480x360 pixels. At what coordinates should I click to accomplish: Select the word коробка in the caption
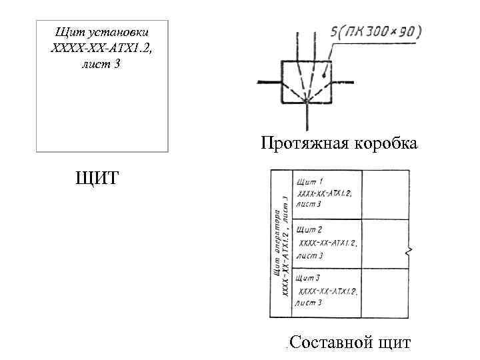point(387,143)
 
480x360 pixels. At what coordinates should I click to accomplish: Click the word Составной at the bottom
point(330,343)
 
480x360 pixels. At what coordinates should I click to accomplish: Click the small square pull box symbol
point(306,82)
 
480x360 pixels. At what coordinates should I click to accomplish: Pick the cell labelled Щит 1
point(327,193)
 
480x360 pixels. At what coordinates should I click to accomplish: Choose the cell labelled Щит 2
point(327,243)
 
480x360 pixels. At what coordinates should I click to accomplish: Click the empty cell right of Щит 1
point(385,194)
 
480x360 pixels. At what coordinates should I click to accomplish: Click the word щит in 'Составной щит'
point(393,343)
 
